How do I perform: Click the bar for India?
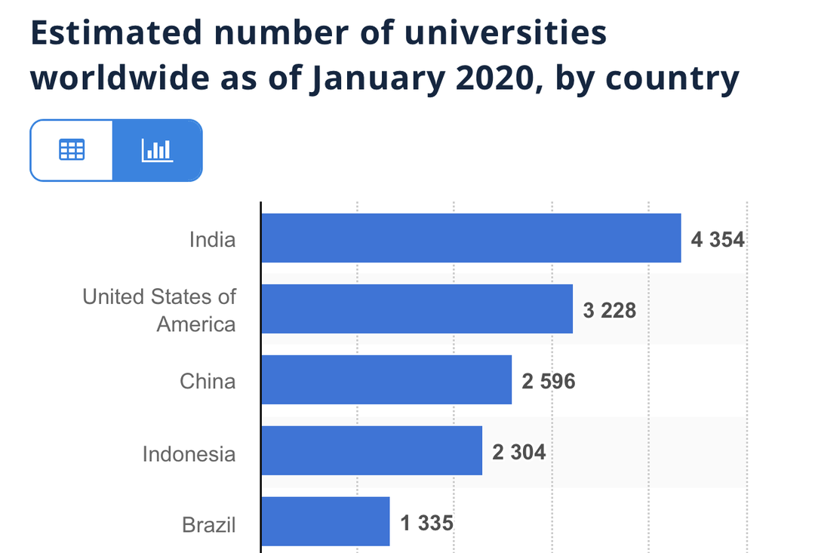(471, 238)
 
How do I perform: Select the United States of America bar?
(417, 309)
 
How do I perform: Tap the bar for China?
(386, 379)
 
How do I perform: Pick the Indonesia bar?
(371, 450)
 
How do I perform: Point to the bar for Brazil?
(325, 521)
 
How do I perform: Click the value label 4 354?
(718, 240)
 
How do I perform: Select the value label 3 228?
(610, 310)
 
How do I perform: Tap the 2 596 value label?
(549, 381)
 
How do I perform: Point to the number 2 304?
(519, 452)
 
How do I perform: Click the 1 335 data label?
(427, 522)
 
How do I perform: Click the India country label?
(212, 240)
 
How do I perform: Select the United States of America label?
(159, 310)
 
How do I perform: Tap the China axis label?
(208, 381)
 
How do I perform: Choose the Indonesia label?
(189, 454)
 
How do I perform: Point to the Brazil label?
(209, 524)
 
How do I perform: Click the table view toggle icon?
(72, 150)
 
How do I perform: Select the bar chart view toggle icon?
(157, 150)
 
